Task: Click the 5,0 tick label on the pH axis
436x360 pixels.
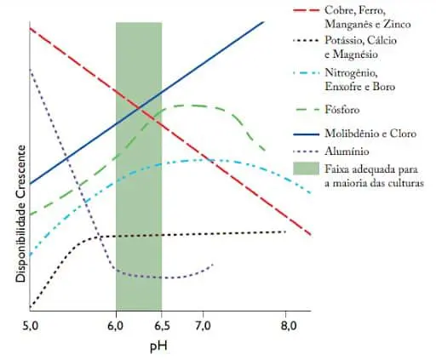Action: pos(30,326)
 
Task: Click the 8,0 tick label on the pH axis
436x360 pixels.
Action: pos(288,326)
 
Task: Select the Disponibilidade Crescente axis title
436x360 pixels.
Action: pos(14,219)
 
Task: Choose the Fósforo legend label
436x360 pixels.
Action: pos(343,110)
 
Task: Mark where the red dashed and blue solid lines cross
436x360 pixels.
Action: pos(141,107)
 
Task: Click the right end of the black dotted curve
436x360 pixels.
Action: pos(285,231)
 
